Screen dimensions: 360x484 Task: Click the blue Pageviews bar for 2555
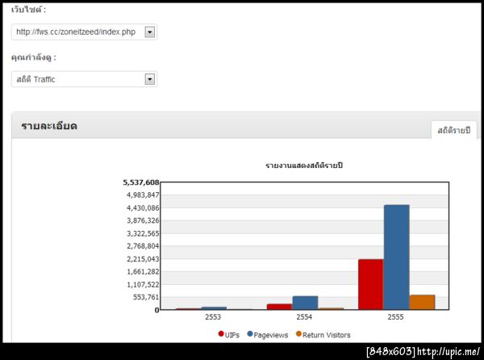396,257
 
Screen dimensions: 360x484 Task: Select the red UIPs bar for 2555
370,284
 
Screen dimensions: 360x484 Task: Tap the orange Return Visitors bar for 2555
422,302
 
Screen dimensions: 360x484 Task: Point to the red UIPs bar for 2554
279,306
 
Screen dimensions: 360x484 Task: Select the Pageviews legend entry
268,333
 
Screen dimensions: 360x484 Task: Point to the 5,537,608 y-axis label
141,182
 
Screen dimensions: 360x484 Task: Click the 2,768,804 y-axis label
143,246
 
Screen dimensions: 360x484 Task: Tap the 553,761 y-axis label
145,297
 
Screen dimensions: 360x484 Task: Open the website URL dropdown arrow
149,32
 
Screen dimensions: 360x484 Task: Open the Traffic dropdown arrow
149,79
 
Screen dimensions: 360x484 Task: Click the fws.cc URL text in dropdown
76,32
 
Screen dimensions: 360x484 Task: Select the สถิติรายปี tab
454,130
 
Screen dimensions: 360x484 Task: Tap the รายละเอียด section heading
49,126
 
